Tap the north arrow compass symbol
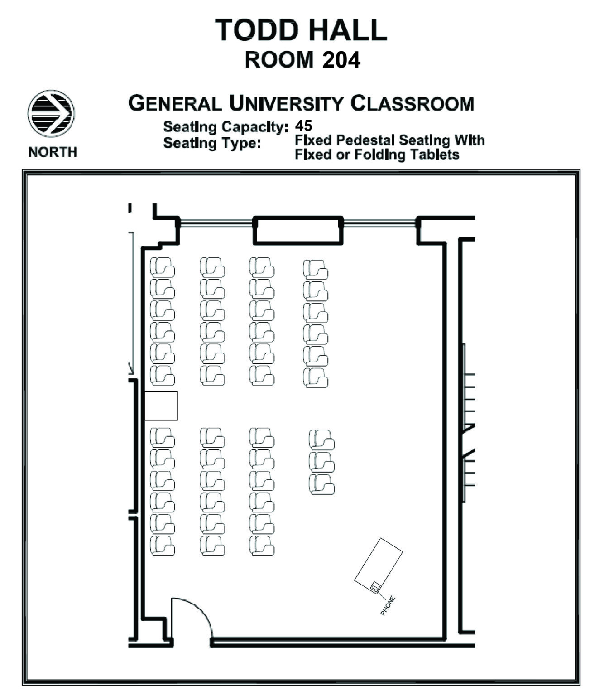click(x=51, y=113)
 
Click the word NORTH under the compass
click(x=53, y=152)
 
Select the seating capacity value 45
click(x=303, y=126)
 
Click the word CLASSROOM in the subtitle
click(x=412, y=104)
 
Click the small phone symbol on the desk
click(x=374, y=587)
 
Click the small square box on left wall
click(x=161, y=406)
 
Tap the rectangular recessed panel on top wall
click(x=297, y=231)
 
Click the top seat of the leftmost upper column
click(x=162, y=267)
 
